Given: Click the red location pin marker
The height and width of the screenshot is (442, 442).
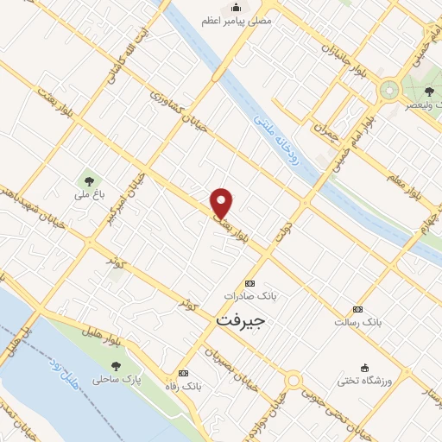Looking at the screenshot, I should click(x=223, y=202).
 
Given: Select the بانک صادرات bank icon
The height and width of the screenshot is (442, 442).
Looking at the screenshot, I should click(x=250, y=283).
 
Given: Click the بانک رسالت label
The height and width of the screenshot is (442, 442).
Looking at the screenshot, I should click(x=357, y=322).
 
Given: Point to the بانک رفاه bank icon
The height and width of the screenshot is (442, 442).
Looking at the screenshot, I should click(x=182, y=373).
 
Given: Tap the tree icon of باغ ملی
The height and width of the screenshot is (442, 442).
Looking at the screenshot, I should click(x=88, y=181).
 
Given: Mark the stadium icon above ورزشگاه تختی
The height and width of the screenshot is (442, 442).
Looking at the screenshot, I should click(x=364, y=366).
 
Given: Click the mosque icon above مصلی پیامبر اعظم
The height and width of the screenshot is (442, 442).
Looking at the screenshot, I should click(x=233, y=7).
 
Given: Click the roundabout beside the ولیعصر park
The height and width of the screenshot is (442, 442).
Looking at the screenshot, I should click(x=389, y=88).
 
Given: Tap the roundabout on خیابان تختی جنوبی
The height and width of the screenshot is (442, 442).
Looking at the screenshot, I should click(x=294, y=382).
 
